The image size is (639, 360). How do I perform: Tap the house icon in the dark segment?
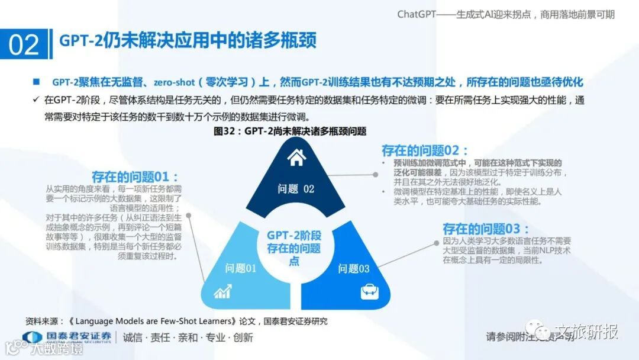pos(296,157)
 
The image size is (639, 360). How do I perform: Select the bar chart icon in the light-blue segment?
pos(222,291)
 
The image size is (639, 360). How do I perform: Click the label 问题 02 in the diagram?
pos(296,189)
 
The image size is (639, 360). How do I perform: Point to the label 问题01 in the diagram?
pos(240,268)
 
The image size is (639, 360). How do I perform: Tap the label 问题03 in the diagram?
pos(354,268)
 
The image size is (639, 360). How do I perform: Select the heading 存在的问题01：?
pos(135,176)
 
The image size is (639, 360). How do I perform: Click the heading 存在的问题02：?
pos(425,150)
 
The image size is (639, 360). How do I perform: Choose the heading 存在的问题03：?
pos(486,229)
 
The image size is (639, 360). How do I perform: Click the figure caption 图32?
pos(290,131)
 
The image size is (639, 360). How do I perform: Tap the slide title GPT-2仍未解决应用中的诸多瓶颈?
pos(188,40)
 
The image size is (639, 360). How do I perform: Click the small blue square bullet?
pos(37,81)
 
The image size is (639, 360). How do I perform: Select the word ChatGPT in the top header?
pos(417,14)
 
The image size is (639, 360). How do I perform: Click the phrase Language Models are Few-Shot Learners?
pos(157,321)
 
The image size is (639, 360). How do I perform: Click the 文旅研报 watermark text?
pos(586,332)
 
